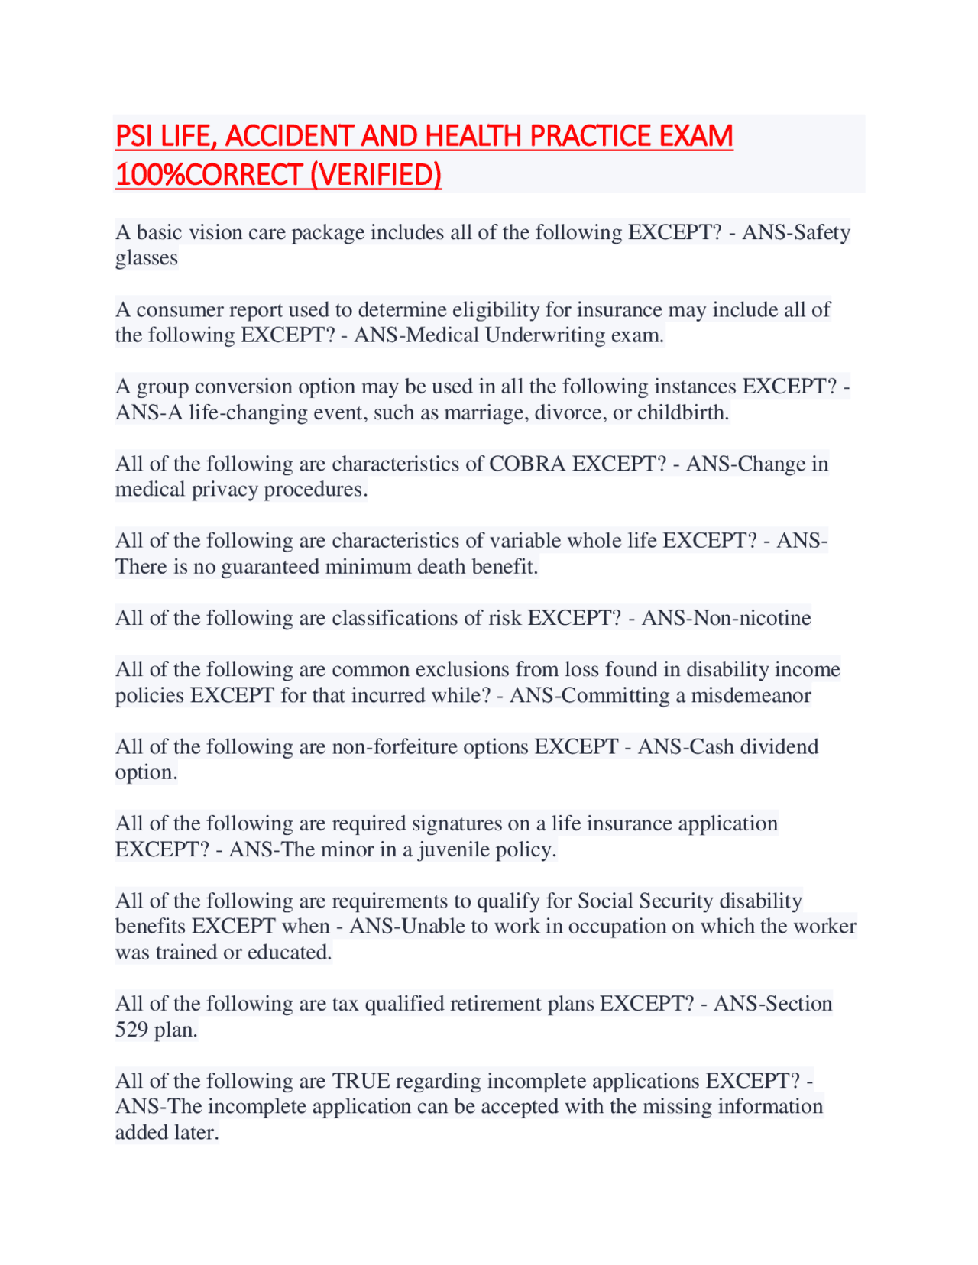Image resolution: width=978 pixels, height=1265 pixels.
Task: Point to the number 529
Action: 131,1030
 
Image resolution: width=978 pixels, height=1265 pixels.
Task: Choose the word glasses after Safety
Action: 146,258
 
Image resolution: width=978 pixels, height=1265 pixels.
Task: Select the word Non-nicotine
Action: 726,617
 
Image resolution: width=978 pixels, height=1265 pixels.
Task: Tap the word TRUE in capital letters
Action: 361,1081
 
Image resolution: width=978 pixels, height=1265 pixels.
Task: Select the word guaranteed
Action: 270,567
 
